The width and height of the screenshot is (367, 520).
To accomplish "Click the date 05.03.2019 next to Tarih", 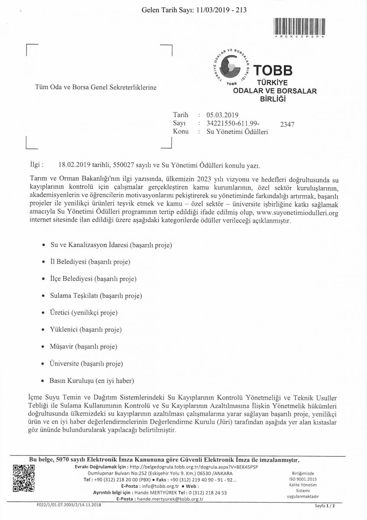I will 223,115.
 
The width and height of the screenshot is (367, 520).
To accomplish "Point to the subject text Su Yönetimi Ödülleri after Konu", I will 237,132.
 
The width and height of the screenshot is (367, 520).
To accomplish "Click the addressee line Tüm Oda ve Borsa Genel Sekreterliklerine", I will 96,87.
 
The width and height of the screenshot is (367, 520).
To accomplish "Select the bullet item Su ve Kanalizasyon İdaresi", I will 111,245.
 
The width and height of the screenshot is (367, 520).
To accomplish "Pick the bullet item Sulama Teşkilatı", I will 96,296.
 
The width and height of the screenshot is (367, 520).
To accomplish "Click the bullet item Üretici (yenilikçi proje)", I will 84,313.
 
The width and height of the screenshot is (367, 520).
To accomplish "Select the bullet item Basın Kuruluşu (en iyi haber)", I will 92,380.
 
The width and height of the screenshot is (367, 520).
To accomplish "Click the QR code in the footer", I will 24,478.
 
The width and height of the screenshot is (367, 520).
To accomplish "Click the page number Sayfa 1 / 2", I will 325,506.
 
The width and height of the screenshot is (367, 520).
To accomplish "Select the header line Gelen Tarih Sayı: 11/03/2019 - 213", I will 194,10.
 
